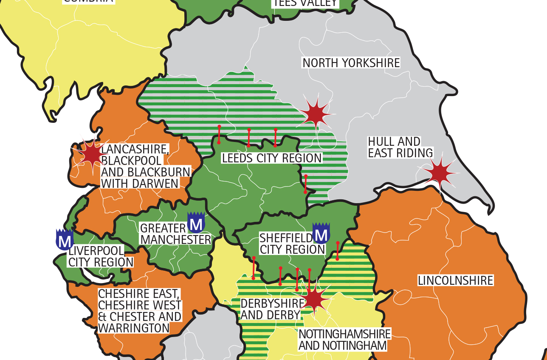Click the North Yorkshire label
coord(351,63)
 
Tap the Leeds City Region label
coord(272,158)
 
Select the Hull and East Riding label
coord(400,147)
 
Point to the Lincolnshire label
coord(455,281)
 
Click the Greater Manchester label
coord(175,234)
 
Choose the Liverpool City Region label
coord(101,256)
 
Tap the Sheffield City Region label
coord(292,244)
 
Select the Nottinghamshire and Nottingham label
coord(344,339)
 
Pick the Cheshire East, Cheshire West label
coord(140,311)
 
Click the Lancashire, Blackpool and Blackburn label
coord(144,166)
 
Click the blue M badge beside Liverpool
coord(65,240)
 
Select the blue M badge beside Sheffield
coord(321,233)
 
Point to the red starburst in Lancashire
coord(91,155)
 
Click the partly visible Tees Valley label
coord(305,3)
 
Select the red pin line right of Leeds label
coord(305,184)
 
